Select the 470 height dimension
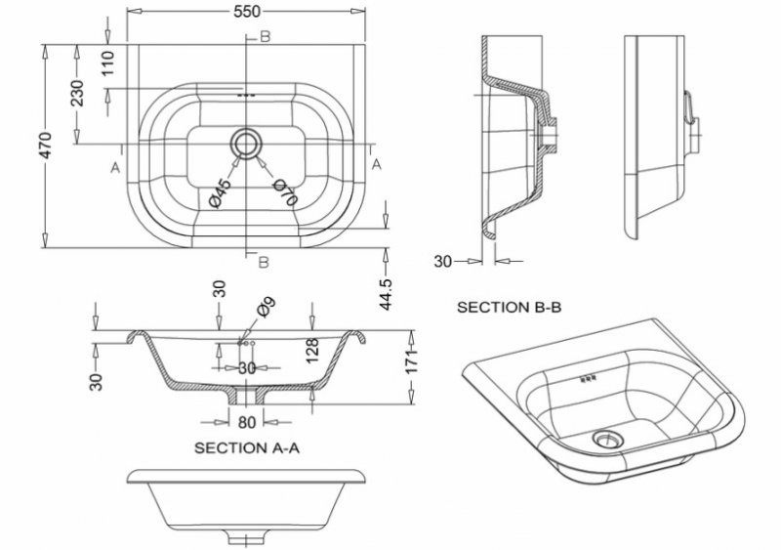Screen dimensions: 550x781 pos(47,145)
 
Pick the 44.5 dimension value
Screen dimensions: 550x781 pos(386,293)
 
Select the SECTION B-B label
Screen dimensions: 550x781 pos(509,306)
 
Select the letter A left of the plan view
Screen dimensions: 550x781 pos(115,168)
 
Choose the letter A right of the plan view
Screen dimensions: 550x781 pos(377,164)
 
